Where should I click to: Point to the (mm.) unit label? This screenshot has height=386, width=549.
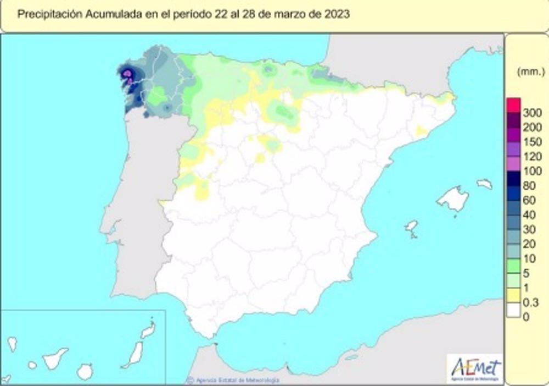[x=526, y=71]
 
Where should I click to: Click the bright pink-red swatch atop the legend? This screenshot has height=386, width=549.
[x=513, y=105]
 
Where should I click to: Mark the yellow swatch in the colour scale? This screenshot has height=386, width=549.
[x=513, y=296]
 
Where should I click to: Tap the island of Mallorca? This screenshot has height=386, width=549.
[x=453, y=198]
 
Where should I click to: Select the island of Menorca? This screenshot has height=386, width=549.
[x=484, y=184]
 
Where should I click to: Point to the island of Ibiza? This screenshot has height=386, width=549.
[x=411, y=226]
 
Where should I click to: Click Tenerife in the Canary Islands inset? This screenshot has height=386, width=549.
[x=55, y=359]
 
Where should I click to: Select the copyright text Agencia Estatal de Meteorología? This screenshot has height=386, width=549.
[x=236, y=380]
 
